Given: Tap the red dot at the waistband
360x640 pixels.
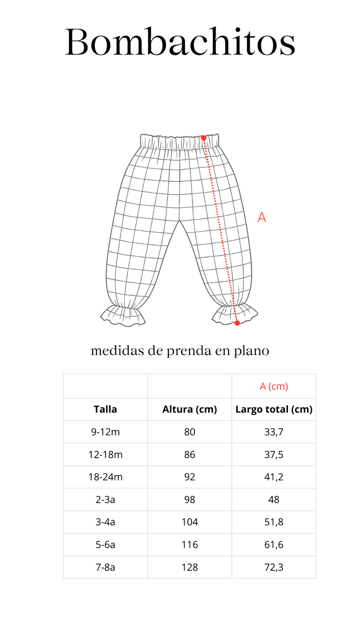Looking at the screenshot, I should [203, 138].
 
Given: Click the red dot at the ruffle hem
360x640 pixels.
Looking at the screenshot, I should [237, 323].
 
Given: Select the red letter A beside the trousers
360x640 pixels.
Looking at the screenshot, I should [261, 217].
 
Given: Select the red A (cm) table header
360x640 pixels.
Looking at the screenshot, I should [274, 386].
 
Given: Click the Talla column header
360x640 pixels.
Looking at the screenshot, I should [105, 409].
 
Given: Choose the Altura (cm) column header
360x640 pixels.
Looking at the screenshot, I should [189, 409].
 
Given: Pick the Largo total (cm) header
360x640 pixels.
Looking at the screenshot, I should [274, 409].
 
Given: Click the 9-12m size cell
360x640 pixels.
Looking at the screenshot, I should [105, 432].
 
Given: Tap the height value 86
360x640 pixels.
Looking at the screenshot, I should [189, 455].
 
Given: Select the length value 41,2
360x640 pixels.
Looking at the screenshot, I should [274, 477].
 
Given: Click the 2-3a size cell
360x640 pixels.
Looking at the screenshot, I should [105, 500].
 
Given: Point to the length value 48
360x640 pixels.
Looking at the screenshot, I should [274, 500].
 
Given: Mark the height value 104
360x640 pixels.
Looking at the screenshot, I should [189, 522].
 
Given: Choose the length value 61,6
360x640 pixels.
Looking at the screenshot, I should [274, 545].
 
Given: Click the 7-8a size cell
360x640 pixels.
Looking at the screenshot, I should [105, 567].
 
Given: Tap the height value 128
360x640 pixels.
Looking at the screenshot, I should [189, 567].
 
